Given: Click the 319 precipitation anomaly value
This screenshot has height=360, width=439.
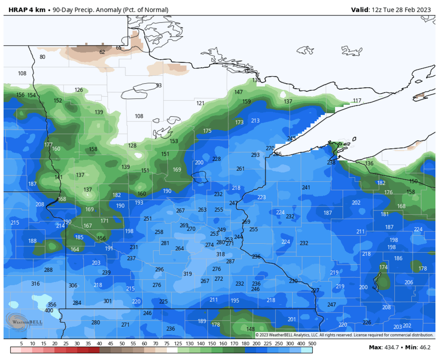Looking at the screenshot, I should pyautogui.click(x=187, y=274).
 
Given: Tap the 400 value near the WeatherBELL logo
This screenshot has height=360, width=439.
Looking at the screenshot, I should pyautogui.click(x=49, y=310).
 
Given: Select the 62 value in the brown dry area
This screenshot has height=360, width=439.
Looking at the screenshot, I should pyautogui.click(x=102, y=52).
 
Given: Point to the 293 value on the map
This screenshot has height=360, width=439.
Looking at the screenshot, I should pyautogui.click(x=255, y=155).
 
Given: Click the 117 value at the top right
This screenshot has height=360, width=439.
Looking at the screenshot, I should pyautogui.click(x=357, y=101).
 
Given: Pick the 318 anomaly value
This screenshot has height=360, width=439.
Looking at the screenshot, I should pyautogui.click(x=221, y=254).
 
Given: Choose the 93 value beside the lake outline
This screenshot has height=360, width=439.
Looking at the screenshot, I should pyautogui.click(x=159, y=86).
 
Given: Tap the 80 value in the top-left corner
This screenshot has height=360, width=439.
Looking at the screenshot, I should pyautogui.click(x=42, y=57).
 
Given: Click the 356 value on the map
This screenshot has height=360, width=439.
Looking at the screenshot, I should pyautogui.click(x=52, y=304).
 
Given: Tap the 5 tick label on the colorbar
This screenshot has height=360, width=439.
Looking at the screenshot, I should pyautogui.click(x=22, y=344).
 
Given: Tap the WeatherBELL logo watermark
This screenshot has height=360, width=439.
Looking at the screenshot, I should pyautogui.click(x=23, y=321).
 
